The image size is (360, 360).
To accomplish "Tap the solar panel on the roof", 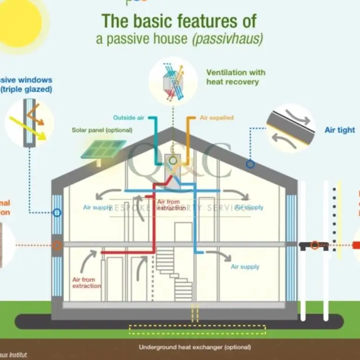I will pyautogui.click(x=103, y=149).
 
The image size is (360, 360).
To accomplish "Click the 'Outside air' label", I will pyautogui.click(x=129, y=118).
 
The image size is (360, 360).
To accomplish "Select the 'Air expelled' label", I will pyautogui.click(x=216, y=118).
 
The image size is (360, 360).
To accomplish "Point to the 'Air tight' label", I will pyautogui.click(x=340, y=130).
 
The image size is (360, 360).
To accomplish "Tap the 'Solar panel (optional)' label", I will pyautogui.click(x=102, y=130).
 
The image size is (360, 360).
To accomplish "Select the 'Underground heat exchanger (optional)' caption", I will pyautogui.click(x=195, y=347).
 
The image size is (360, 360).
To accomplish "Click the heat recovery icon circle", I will pyautogui.click(x=173, y=81).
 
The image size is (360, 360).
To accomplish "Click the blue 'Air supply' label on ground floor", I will pyautogui.click(x=245, y=267).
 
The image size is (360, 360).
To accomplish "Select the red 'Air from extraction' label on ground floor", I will pyautogui.click(x=86, y=282).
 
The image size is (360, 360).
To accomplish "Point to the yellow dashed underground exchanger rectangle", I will pyautogui.click(x=197, y=330).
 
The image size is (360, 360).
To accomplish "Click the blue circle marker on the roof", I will pyautogui.click(x=250, y=164).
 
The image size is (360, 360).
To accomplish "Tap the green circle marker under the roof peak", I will pyautogui.click(x=173, y=161).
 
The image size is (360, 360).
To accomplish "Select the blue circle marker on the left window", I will pyautogui.click(x=57, y=213).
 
